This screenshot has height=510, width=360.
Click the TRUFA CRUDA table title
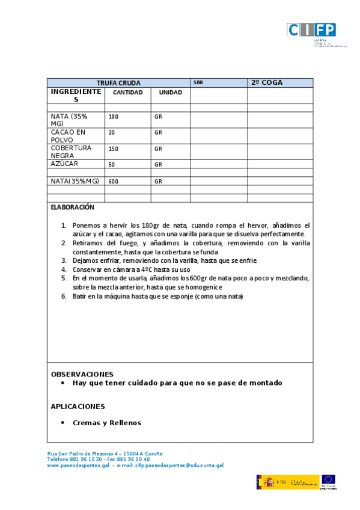click(x=118, y=83)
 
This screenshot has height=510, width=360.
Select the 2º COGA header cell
click(x=267, y=83)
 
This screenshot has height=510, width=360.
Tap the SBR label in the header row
click(x=198, y=83)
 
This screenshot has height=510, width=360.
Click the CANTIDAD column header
click(x=127, y=93)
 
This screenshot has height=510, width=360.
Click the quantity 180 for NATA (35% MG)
click(x=113, y=117)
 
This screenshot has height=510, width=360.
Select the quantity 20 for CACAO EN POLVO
click(x=112, y=132)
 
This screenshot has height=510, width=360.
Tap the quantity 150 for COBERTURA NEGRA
click(x=113, y=149)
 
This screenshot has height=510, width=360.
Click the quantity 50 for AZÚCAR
click(x=112, y=164)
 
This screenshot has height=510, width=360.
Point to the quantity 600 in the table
click(x=113, y=181)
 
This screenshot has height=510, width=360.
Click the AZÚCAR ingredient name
click(x=64, y=164)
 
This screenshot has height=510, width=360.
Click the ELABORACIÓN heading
click(x=73, y=207)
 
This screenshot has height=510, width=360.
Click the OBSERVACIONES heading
click(x=82, y=373)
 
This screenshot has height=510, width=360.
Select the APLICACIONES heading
click(x=78, y=407)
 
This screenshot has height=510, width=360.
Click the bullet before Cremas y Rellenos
click(x=63, y=423)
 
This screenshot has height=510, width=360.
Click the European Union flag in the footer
click(x=328, y=480)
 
